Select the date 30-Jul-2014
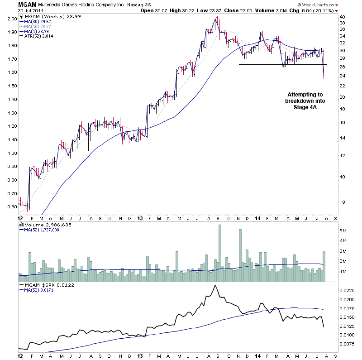point(30,10)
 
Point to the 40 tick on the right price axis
point(343,17)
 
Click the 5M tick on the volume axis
point(343,230)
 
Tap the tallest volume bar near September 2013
point(220,254)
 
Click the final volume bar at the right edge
point(324,266)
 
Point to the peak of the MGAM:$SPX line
point(215,285)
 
